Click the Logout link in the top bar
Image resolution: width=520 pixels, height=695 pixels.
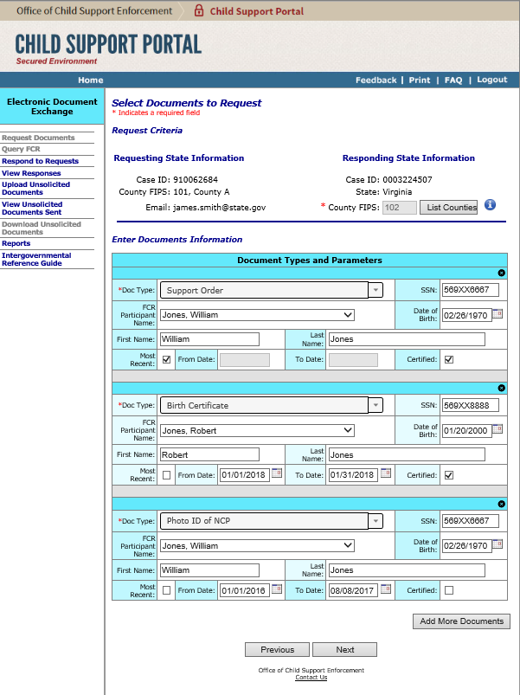[491, 80]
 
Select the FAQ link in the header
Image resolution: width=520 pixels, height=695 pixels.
[453, 80]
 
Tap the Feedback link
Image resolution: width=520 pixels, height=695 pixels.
[376, 80]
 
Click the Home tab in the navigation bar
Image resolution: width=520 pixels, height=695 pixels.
[90, 80]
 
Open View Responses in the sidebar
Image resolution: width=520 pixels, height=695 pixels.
[31, 173]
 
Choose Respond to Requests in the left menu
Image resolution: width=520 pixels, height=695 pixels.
[40, 161]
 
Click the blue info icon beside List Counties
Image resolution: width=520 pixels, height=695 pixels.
[490, 205]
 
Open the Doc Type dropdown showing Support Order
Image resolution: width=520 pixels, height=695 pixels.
[272, 291]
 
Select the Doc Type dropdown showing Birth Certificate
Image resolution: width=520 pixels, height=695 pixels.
[272, 405]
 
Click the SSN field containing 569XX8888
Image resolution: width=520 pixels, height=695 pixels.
[470, 405]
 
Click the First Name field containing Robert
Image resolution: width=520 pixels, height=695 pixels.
[209, 454]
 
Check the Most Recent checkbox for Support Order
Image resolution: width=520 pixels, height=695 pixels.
[166, 359]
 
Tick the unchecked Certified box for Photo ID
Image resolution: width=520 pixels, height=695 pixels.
[448, 589]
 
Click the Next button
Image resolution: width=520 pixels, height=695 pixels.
[344, 649]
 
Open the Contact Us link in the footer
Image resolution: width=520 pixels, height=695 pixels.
[311, 678]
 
